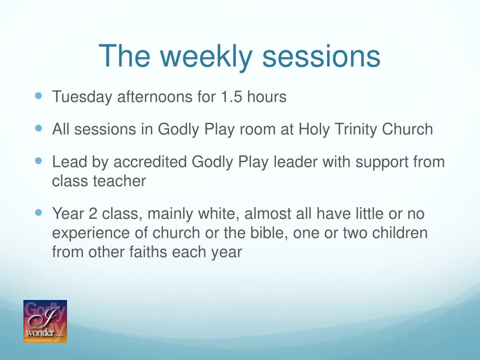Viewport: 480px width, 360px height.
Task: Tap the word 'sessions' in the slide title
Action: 321,57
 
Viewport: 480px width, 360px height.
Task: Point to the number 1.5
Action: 231,97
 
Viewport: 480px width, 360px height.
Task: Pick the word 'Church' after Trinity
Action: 407,129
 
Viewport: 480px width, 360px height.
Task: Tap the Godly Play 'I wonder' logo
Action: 45,322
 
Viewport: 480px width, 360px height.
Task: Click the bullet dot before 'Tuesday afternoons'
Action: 38,96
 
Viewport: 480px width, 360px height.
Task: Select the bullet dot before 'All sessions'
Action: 38,128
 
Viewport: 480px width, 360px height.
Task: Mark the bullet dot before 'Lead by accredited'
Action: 38,161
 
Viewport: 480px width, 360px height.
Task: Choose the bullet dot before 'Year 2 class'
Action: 38,212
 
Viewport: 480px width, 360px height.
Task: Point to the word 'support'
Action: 382,163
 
